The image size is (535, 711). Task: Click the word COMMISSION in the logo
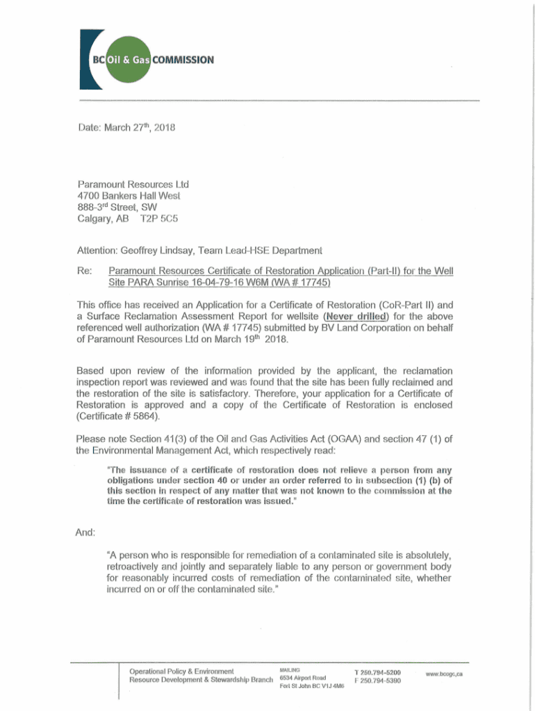tap(183, 60)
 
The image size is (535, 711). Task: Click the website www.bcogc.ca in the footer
tap(444, 674)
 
